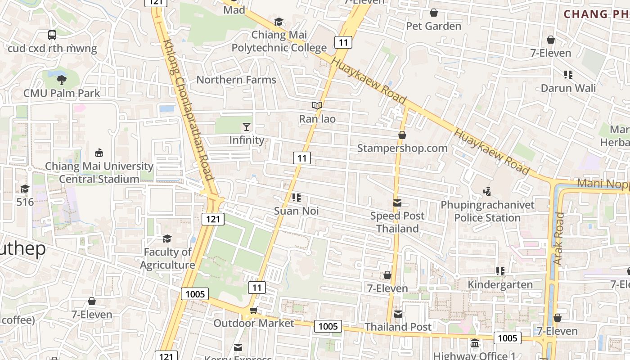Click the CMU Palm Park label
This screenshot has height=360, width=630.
coord(62,93)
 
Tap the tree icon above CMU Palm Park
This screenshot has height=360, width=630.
coord(62,80)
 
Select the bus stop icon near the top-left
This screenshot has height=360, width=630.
coord(52,35)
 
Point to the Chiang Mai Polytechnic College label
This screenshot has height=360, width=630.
coord(279,41)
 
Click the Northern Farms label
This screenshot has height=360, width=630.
coord(236,80)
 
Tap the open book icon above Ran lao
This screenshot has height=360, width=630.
coord(317,106)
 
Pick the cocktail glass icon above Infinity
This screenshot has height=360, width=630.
coord(247,126)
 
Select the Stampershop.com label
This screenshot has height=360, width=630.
coord(402,148)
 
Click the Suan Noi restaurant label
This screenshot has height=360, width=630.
coord(297,211)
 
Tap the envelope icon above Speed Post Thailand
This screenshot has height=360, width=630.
coord(397,203)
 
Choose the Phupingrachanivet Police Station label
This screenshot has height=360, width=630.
coord(488,211)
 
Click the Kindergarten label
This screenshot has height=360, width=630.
coord(500,284)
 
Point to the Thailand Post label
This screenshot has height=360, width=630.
coord(398,327)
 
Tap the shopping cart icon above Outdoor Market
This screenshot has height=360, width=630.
coord(253,310)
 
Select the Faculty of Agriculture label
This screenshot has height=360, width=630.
coord(167,258)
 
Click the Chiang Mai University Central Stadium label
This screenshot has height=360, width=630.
coord(99,172)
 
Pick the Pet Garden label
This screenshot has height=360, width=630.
coord(434,26)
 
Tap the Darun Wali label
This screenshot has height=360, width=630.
coord(568,88)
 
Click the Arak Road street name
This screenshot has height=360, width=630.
coord(558,238)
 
